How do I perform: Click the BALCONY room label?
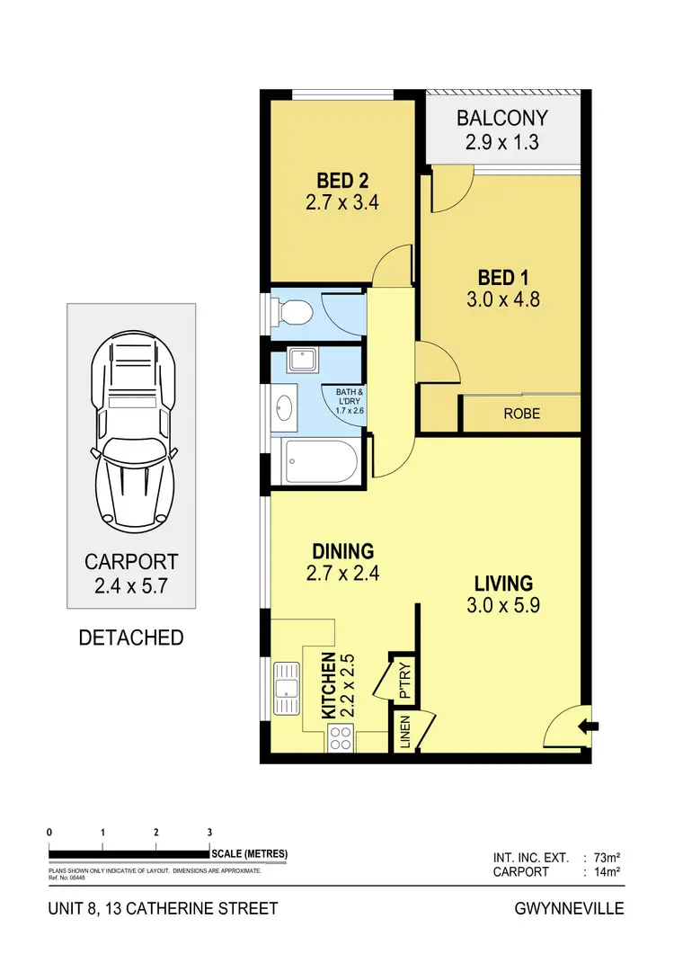click(501, 119)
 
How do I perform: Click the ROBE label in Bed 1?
click(522, 415)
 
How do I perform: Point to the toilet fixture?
click(295, 313)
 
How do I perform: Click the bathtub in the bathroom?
click(320, 463)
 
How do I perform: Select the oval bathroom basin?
click(284, 409)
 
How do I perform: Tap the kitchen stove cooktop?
click(340, 739)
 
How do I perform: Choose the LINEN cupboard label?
click(404, 733)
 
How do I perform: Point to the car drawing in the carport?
click(132, 428)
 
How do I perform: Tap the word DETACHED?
click(131, 637)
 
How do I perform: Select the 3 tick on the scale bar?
click(209, 832)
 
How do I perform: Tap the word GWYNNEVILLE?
click(569, 908)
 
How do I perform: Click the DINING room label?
click(342, 551)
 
